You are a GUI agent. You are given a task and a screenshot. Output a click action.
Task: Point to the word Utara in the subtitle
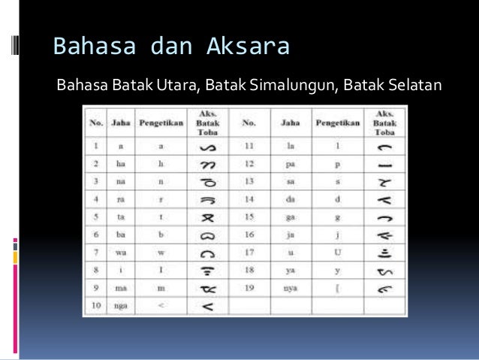click(x=176, y=83)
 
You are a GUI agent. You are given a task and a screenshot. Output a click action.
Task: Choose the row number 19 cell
click(x=250, y=288)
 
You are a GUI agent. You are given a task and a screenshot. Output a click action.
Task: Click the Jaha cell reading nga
click(x=120, y=304)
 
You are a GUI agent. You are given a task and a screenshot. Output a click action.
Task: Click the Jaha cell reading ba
click(x=120, y=234)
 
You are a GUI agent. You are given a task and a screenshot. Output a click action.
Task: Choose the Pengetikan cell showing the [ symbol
click(x=338, y=288)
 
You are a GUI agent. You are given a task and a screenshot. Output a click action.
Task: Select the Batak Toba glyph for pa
click(x=385, y=162)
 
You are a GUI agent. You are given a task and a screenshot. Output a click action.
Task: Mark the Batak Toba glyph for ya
click(x=385, y=271)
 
